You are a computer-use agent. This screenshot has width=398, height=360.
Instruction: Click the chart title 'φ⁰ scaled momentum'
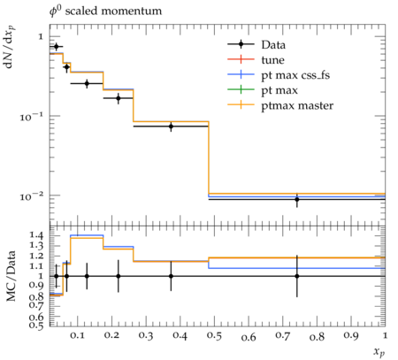[105, 11]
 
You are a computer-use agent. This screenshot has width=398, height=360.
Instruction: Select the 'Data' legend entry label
[273, 45]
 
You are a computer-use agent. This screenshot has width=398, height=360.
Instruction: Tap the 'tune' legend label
[272, 60]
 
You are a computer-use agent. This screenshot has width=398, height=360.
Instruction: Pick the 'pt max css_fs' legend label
[295, 75]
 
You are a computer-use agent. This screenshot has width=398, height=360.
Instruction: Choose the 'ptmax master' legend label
[297, 106]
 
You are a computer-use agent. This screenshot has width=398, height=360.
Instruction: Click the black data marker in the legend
[241, 44]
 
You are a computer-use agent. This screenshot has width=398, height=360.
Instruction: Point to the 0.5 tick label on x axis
[214, 336]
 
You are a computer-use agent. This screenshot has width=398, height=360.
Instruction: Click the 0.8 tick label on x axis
[318, 336]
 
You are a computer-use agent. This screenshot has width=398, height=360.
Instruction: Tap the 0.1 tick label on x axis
[78, 336]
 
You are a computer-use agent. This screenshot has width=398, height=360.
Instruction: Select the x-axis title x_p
[379, 352]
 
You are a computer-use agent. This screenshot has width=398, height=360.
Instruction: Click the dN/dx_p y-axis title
[10, 48]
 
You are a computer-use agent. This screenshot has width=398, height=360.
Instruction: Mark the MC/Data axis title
[11, 276]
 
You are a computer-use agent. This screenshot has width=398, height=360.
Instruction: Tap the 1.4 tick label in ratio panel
[36, 235]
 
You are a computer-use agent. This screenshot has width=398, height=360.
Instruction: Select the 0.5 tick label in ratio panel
[36, 326]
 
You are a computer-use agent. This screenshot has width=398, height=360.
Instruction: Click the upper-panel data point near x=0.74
[297, 200]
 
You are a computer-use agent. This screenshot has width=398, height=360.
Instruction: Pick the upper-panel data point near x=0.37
[171, 126]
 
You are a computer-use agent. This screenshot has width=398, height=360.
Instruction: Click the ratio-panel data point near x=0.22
[119, 276]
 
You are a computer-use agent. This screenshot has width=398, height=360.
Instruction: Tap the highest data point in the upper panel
[57, 47]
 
